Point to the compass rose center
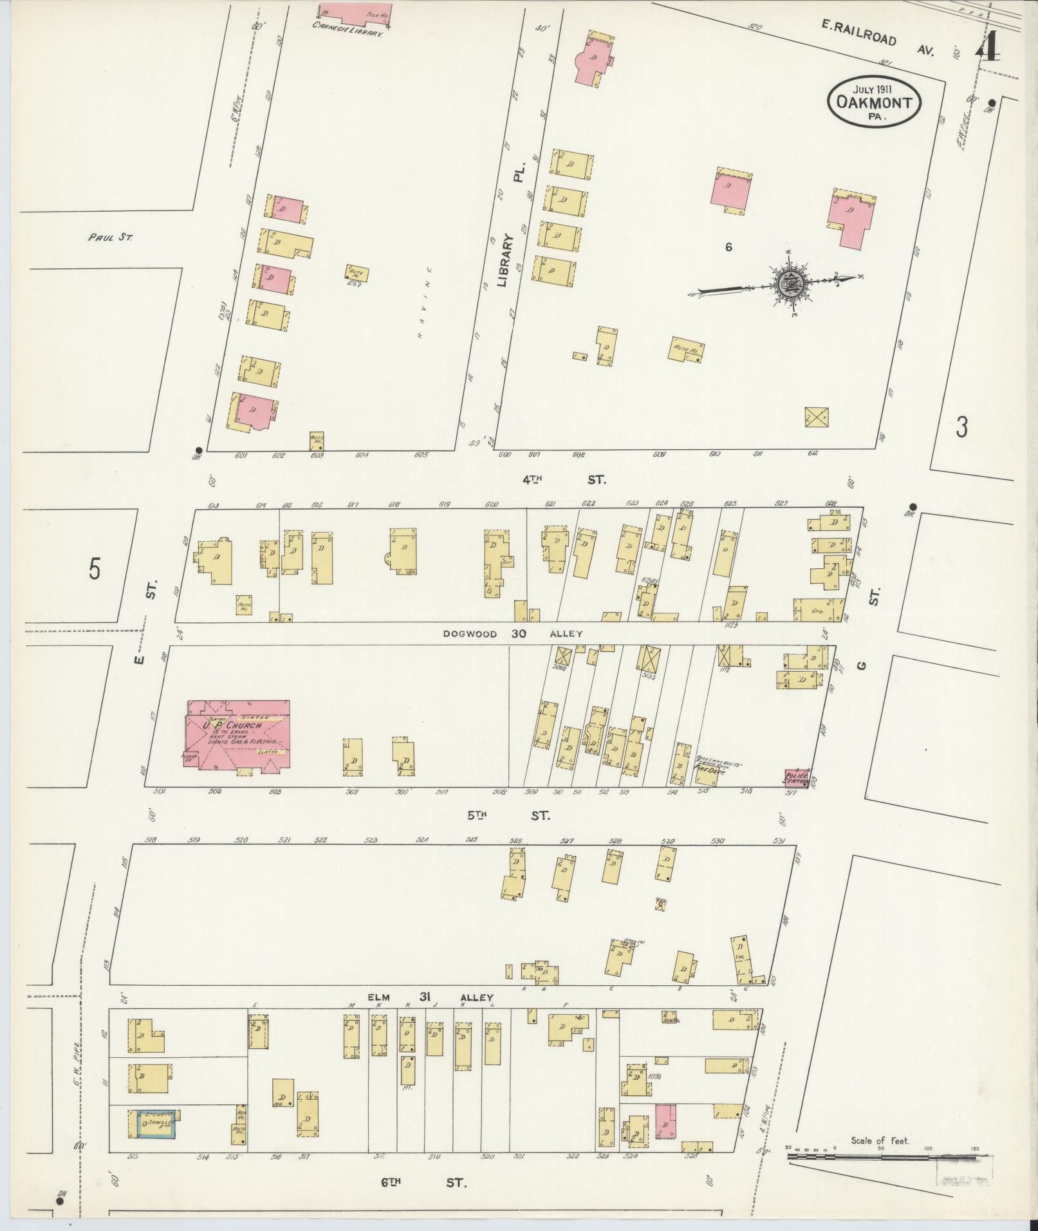788,282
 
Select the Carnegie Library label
347,27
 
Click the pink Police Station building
797,778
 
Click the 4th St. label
564,479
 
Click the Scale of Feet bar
882,1157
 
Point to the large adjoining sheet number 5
95,569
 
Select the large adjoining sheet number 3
961,427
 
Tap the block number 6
728,246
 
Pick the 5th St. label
508,815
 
